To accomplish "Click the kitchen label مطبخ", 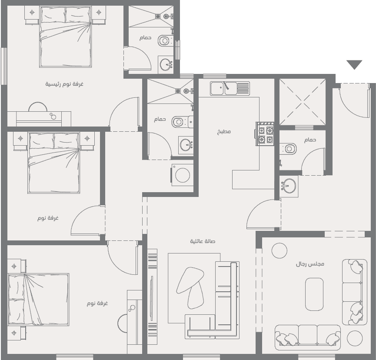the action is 224,131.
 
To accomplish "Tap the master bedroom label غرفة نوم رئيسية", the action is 64,84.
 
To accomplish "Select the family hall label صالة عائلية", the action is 203,241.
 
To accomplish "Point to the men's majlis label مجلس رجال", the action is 310,264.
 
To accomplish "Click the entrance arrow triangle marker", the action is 354,65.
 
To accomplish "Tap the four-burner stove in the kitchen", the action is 266,134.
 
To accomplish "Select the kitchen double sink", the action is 230,88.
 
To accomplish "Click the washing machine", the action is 182,175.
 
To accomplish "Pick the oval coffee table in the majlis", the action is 314,294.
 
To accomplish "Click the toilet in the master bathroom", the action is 165,40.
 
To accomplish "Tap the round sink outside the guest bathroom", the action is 289,186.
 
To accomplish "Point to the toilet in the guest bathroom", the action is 289,149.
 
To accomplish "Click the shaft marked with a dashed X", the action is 303,102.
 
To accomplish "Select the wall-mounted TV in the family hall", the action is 152,298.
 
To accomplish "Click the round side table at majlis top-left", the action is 280,250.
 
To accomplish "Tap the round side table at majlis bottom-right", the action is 354,338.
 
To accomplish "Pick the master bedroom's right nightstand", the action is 99,15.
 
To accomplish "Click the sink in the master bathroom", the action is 166,65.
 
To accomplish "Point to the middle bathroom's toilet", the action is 180,122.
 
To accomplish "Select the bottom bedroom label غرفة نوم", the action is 97,303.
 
